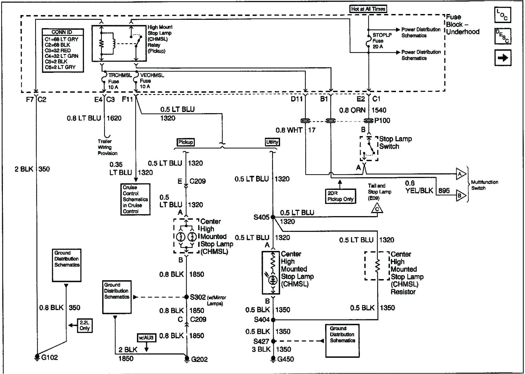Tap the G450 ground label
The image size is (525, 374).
(285, 359)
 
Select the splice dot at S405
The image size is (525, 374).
(273, 217)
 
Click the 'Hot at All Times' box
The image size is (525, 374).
(368, 9)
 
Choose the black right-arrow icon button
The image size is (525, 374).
(503, 58)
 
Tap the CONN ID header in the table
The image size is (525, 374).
(62, 32)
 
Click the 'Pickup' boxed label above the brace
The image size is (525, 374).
(186, 142)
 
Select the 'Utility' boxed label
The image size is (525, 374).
(272, 142)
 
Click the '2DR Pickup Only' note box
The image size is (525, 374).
(340, 196)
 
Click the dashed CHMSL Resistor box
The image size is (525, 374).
(377, 266)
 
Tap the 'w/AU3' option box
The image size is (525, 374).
(147, 337)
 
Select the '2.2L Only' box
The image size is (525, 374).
(85, 325)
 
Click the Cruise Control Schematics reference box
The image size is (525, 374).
(135, 199)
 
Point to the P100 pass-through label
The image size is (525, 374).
(382, 121)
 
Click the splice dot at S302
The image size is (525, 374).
(187, 297)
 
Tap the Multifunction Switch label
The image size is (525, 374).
(484, 185)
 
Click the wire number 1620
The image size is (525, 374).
(114, 118)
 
